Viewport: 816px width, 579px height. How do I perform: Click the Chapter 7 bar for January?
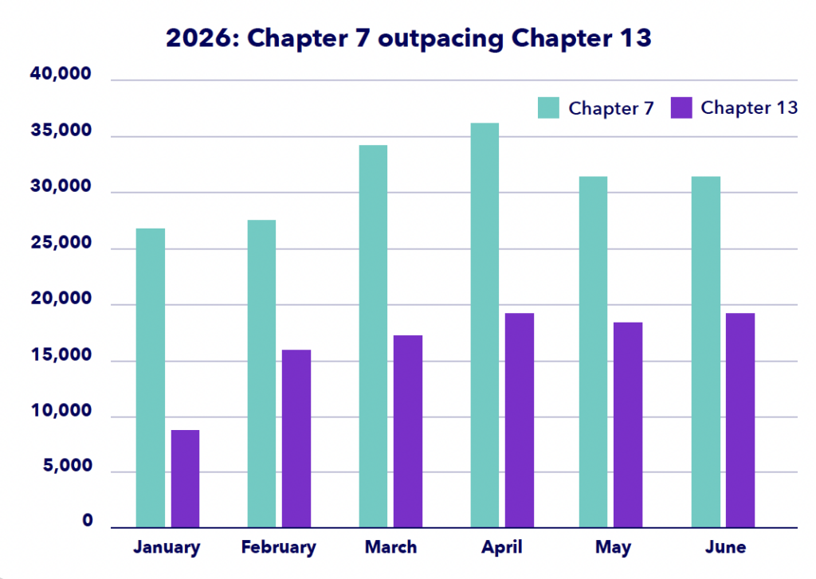(x=151, y=378)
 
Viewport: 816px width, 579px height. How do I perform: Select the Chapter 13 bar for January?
(x=185, y=479)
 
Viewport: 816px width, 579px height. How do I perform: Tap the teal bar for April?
(x=484, y=326)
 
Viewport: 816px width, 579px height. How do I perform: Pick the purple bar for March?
(x=408, y=432)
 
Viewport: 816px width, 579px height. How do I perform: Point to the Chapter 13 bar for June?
(x=740, y=421)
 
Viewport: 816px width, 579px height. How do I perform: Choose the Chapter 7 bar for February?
(x=261, y=374)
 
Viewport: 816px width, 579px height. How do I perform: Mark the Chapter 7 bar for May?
(x=593, y=352)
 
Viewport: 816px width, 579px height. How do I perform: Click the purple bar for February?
(x=296, y=439)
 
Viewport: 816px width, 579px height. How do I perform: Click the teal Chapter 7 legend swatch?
(x=548, y=108)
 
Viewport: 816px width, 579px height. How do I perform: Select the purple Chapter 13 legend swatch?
(x=681, y=108)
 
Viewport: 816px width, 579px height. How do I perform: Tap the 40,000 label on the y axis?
(x=61, y=74)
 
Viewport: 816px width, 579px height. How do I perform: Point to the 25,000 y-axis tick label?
(x=61, y=242)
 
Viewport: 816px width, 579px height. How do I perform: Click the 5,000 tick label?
(x=68, y=466)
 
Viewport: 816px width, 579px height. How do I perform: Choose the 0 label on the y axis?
(x=88, y=520)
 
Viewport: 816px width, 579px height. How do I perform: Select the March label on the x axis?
(x=390, y=547)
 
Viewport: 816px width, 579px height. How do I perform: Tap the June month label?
(x=725, y=547)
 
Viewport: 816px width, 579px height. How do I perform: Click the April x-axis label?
(x=502, y=548)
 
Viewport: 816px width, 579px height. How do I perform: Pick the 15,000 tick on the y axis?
(x=61, y=354)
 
